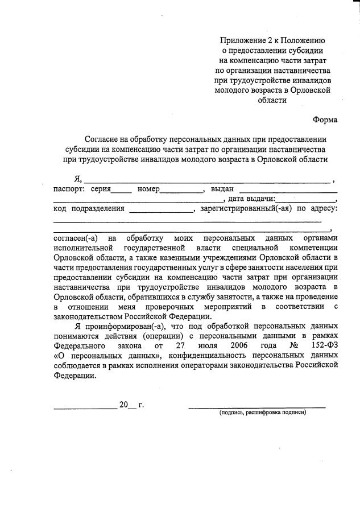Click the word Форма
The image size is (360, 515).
pos(325,120)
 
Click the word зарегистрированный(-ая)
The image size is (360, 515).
pos(246,209)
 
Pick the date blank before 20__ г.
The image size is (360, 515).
pos(85,409)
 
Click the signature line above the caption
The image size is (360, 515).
pos(257,407)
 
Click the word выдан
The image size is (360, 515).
pos(222,189)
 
